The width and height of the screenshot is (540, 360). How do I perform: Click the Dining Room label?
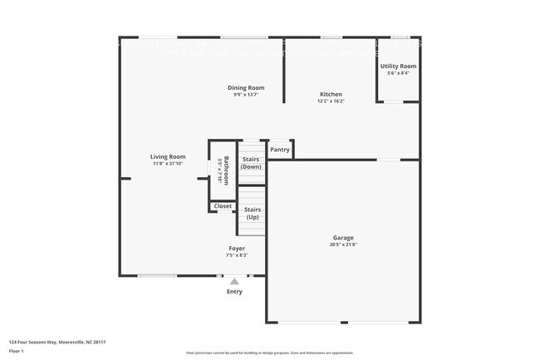(x=246, y=87)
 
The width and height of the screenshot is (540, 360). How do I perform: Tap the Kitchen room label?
(x=331, y=94)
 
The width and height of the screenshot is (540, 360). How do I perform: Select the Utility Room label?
(x=398, y=66)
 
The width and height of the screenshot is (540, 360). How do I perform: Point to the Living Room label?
(x=168, y=156)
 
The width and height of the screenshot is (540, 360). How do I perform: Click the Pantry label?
(x=280, y=150)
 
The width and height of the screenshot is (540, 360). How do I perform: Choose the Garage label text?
(x=343, y=237)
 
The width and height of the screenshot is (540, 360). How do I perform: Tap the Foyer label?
(x=237, y=248)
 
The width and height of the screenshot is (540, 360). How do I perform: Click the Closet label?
(x=223, y=206)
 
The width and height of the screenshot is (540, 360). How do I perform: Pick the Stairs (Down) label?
(x=251, y=162)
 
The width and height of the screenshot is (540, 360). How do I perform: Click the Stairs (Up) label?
(x=253, y=214)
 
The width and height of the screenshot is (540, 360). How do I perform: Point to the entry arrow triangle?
(x=235, y=281)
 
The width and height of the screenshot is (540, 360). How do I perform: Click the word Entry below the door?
(x=235, y=291)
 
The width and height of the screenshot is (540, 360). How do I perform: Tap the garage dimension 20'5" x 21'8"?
(x=343, y=244)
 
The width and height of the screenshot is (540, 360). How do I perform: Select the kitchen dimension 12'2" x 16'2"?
(x=331, y=101)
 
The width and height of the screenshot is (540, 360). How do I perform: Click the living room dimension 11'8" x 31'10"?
(x=168, y=164)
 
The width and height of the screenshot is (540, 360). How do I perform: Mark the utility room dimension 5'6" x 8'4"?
(x=398, y=73)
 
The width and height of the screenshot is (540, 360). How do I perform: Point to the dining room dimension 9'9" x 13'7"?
(x=246, y=95)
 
